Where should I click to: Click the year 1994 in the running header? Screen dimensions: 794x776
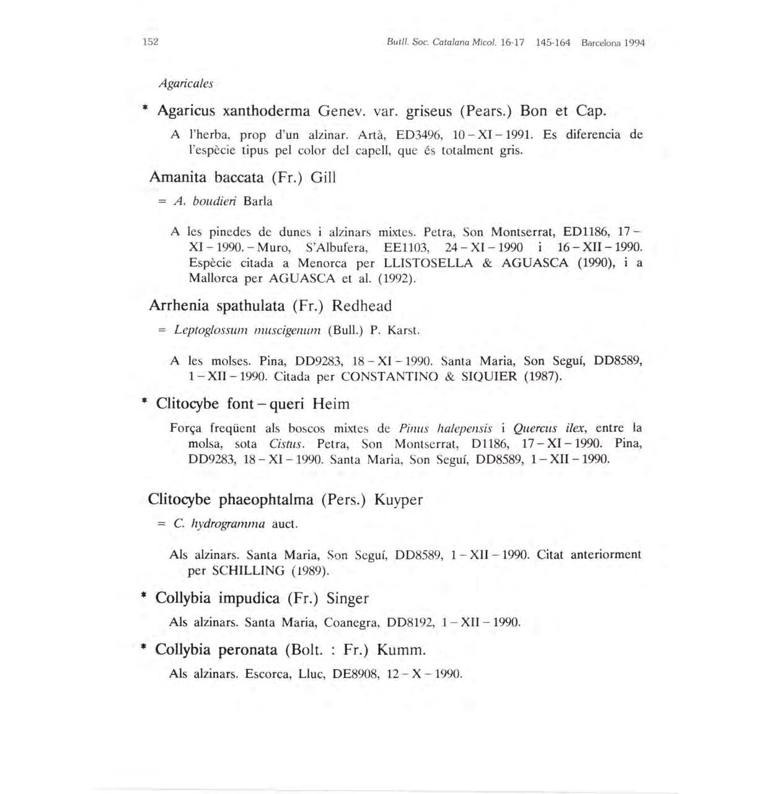(x=634, y=43)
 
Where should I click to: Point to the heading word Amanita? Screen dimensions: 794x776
(x=179, y=177)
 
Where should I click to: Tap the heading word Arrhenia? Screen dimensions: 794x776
(x=179, y=306)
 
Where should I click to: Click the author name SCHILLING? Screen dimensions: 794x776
(x=248, y=571)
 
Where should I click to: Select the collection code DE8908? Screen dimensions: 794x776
(x=355, y=674)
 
